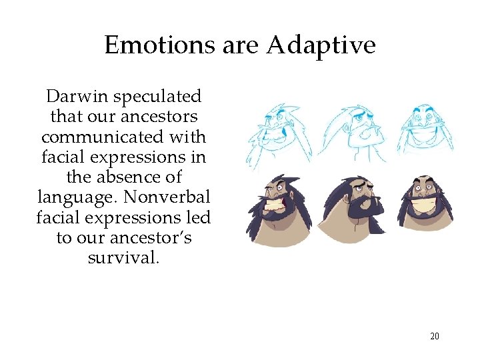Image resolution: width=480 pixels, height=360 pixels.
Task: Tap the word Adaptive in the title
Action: tap(321, 45)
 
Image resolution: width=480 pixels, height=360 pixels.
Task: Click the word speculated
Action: tap(157, 97)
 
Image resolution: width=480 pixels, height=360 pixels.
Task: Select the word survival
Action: tap(123, 257)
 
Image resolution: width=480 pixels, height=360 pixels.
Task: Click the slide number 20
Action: tap(435, 336)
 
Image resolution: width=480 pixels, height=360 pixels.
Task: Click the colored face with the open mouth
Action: tap(275, 209)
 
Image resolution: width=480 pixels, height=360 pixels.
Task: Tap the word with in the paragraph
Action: tap(191, 137)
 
